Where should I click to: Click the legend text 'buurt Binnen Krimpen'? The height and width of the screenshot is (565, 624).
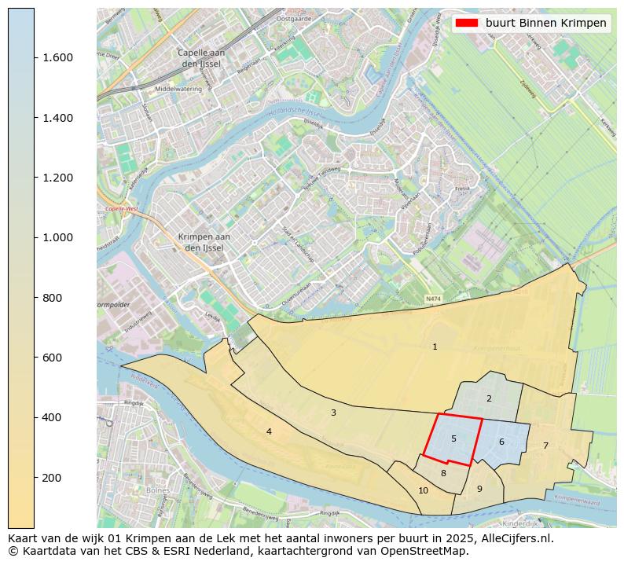pos(545,24)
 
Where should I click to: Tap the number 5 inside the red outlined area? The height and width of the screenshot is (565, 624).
pos(453,438)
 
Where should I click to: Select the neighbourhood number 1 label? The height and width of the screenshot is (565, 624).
pos(435,347)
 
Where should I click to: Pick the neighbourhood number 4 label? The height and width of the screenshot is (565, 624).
pos(269,431)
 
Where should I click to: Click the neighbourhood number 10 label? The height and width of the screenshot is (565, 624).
pos(423,490)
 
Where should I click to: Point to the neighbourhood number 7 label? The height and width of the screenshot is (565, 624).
pos(545,446)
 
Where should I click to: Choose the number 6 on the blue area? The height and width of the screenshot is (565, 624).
pos(501,442)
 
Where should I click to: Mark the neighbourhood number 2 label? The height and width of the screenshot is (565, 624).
pos(489,398)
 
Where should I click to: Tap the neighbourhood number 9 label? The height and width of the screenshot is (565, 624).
pos(479,489)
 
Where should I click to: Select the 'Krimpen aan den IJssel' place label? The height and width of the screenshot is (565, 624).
pos(204,242)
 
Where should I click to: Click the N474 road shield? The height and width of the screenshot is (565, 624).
pos(433,299)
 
